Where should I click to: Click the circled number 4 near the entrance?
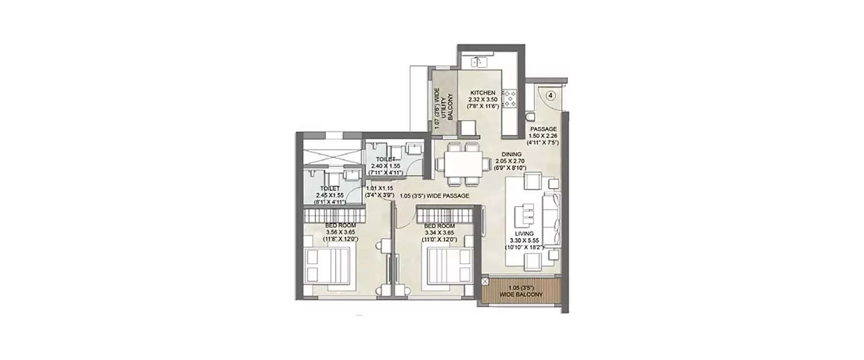click(x=551, y=96)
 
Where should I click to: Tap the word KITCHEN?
click(x=483, y=93)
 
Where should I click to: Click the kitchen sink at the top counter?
click(x=479, y=60)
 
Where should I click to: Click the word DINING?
click(x=511, y=154)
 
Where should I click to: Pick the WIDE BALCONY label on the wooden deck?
click(x=521, y=291)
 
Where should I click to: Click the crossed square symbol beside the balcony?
click(x=485, y=282)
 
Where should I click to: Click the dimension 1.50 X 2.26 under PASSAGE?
click(x=543, y=135)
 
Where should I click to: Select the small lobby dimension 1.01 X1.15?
click(x=379, y=188)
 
